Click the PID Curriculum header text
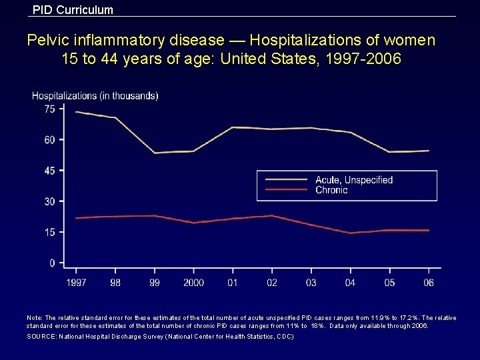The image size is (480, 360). point(73,10)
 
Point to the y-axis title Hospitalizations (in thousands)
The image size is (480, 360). point(95,95)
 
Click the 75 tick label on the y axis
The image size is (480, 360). point(50,109)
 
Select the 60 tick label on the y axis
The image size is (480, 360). point(50,140)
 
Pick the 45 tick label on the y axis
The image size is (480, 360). point(50,171)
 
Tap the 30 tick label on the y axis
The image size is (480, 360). point(50,201)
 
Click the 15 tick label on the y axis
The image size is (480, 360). point(50,233)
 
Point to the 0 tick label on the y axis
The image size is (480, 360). point(52,263)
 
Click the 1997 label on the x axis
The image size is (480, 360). point(76,283)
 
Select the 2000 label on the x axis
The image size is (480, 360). point(193,283)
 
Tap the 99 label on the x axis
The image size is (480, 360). point(155,283)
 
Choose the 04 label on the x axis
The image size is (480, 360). point(351,283)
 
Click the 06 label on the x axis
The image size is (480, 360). point(429,283)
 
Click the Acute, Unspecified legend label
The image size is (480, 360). point(354,180)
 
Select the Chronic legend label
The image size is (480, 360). point(331,190)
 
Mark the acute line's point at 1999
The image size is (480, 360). point(155,153)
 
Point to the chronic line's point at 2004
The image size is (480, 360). point(351,233)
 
